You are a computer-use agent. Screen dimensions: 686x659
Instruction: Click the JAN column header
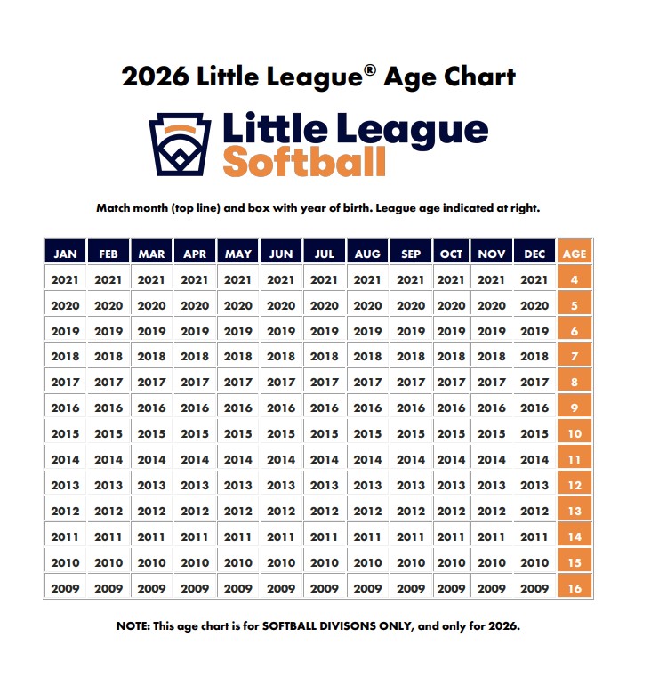tap(65, 254)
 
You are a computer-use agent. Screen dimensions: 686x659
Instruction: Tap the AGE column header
tap(575, 254)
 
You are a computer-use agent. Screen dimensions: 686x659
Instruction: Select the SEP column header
tap(411, 254)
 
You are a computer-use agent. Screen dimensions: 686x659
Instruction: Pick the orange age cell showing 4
tap(575, 279)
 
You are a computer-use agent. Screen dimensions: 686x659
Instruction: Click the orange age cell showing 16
tap(575, 588)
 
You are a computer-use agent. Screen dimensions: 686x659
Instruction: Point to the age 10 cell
tap(575, 434)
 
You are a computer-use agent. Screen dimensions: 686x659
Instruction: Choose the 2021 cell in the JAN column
tap(65, 279)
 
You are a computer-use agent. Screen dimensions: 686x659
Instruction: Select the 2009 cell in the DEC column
tap(534, 588)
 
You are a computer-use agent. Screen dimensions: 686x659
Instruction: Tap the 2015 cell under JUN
tap(281, 434)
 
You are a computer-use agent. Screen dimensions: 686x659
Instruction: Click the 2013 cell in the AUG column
tap(368, 486)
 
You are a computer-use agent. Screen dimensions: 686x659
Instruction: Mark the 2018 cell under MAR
tap(152, 357)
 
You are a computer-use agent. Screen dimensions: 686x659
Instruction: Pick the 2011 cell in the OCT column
tap(452, 537)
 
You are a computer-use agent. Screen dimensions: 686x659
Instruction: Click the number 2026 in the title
tap(154, 77)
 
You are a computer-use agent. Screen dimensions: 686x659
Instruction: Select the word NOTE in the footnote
tap(135, 626)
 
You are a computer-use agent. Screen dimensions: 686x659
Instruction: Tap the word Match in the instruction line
tap(114, 208)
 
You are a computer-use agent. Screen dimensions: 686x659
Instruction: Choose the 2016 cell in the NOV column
tap(492, 408)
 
